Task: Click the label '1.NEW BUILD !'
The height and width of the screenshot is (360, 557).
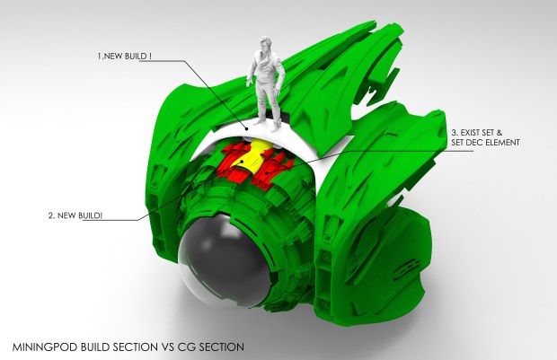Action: pos(127,56)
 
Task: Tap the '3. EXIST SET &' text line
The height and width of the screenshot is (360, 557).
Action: pos(483,132)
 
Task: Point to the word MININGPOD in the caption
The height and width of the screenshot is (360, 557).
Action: pos(44,345)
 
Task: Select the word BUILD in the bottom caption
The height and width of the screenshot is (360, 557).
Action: pos(97,345)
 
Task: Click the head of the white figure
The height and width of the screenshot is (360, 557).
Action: pos(265,46)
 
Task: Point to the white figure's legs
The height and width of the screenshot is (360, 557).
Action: pos(266,106)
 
